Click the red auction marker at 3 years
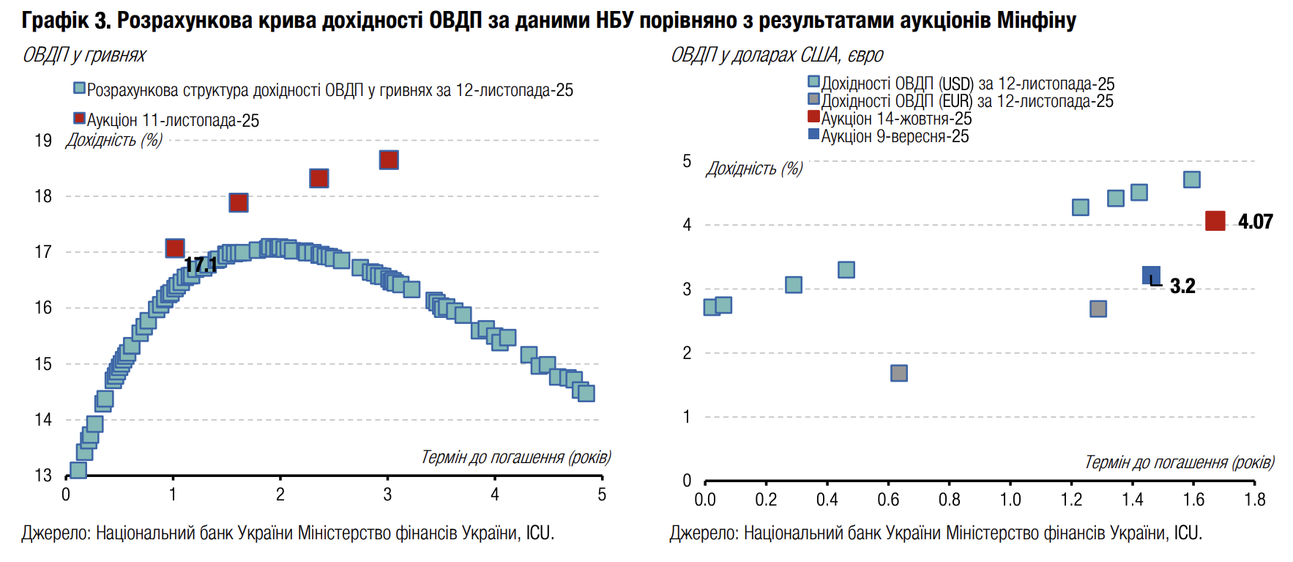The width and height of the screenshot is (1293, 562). click(389, 160)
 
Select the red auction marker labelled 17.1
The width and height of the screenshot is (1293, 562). click(175, 248)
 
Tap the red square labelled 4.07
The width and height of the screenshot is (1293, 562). click(1215, 221)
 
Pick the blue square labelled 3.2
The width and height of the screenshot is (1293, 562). click(1151, 276)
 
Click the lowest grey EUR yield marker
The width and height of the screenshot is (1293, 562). click(899, 373)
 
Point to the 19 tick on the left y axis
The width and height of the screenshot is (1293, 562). click(43, 140)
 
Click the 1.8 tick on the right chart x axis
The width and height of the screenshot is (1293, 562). click(1254, 500)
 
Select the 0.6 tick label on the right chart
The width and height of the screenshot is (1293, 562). click(888, 500)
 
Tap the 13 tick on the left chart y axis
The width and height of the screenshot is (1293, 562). click(43, 476)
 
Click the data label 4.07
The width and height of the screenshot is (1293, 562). click(1256, 221)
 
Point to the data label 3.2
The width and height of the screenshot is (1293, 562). click(1182, 286)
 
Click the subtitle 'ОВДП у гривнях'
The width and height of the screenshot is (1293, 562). click(84, 55)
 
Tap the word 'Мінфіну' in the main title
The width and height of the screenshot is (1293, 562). click(1037, 20)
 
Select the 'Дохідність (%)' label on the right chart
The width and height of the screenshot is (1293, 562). click(754, 169)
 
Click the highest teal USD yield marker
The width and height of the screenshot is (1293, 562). click(1192, 180)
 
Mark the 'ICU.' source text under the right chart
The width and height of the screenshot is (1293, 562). click(1188, 533)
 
